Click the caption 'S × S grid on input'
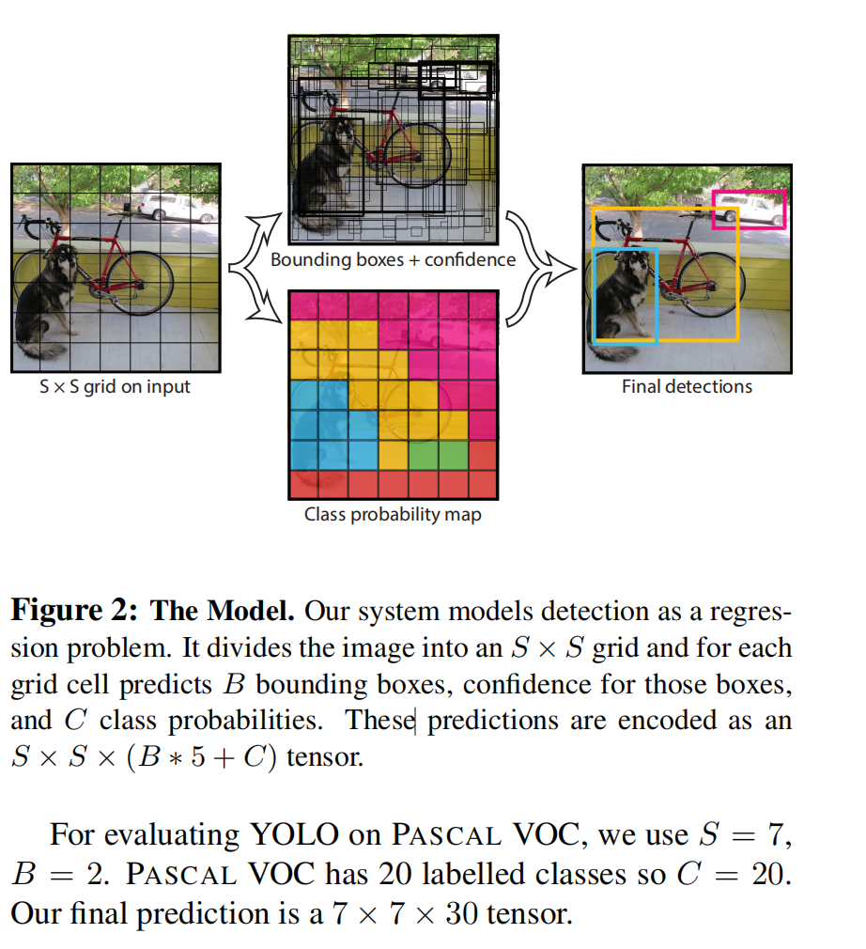[115, 387]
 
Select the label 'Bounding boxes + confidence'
[394, 259]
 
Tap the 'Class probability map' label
[393, 515]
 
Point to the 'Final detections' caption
[687, 387]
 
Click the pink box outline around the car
[749, 192]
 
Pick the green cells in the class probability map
[439, 455]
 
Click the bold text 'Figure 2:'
[74, 610]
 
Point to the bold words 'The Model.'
[222, 610]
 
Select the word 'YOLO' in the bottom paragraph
[294, 834]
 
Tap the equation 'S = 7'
[744, 834]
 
